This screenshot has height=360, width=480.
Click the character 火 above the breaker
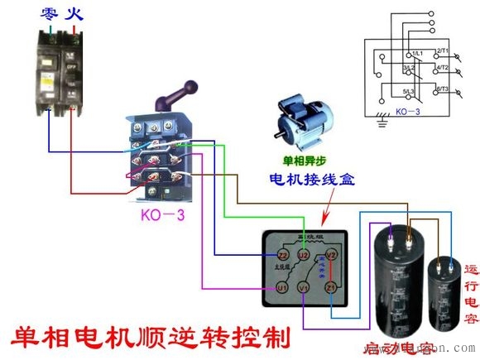click(x=77, y=14)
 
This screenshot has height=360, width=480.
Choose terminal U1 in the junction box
click(x=281, y=287)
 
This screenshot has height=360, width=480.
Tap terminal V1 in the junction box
click(x=305, y=287)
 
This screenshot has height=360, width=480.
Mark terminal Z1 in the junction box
click(x=331, y=287)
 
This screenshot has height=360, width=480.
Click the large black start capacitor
click(x=398, y=281)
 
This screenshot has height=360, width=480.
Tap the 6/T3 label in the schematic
click(x=441, y=88)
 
